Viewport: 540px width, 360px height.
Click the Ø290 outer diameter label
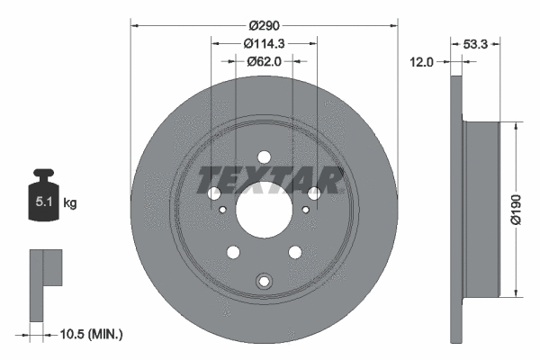[x=264, y=25]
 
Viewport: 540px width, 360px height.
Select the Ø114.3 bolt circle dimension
[x=264, y=43]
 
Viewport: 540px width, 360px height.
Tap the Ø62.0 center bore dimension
[x=264, y=61]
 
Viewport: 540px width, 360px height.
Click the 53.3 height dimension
[x=476, y=42]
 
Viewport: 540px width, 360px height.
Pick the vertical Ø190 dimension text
[x=527, y=208]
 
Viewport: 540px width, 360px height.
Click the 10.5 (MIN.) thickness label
[x=93, y=335]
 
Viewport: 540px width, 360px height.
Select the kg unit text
[x=70, y=203]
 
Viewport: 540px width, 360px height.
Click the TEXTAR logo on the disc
[x=268, y=180]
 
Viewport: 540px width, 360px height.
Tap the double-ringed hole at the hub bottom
[x=264, y=282]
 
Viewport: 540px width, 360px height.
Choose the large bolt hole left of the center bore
[x=214, y=193]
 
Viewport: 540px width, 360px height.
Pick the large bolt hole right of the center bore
[x=314, y=193]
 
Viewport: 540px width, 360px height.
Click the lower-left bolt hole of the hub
[x=233, y=252]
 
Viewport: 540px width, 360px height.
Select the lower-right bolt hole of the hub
[x=294, y=252]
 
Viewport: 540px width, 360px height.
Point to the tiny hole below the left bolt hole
[x=222, y=211]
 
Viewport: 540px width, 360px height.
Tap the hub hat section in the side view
[x=481, y=208]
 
